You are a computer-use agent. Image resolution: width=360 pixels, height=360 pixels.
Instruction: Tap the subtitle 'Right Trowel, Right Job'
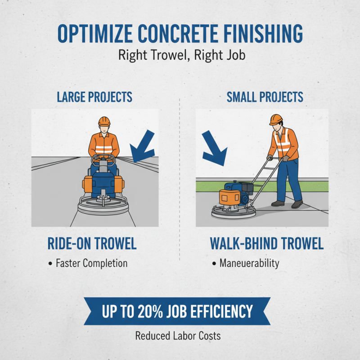[180, 56]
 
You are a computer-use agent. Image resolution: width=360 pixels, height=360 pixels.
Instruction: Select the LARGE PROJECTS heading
[94, 97]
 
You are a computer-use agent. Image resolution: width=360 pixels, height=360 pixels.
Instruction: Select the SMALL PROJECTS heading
[265, 97]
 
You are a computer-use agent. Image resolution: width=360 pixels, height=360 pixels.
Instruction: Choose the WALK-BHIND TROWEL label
[266, 244]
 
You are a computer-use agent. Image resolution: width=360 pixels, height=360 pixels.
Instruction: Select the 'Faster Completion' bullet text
[91, 263]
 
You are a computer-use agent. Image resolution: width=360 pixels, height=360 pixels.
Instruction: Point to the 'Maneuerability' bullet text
[249, 263]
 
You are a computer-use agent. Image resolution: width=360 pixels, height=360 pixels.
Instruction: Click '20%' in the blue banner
[148, 311]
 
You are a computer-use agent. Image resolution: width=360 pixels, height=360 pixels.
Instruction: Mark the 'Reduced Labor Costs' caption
[180, 336]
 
